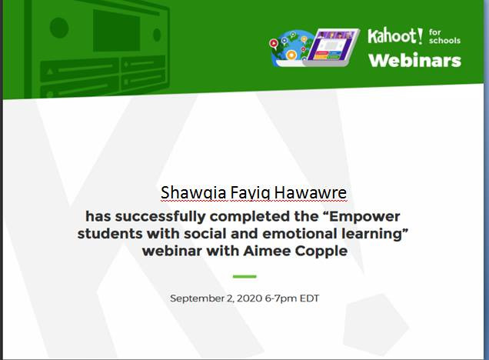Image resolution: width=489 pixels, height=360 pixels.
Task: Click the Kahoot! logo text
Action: (x=395, y=36)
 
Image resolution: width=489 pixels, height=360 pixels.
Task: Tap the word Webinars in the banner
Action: (x=414, y=61)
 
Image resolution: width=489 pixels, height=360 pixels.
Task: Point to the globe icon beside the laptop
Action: (x=289, y=48)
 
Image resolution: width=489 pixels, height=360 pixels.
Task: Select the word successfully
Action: (x=160, y=216)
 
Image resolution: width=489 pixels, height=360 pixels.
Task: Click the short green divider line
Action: (x=244, y=276)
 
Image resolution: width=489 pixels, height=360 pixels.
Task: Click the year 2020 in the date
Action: (x=249, y=298)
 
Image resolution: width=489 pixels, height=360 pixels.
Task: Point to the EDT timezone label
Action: (x=309, y=298)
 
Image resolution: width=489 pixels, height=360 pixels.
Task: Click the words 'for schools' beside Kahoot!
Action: (x=444, y=36)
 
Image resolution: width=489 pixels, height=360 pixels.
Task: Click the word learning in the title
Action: (x=374, y=234)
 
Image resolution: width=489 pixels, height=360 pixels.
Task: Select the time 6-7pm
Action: (x=281, y=298)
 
